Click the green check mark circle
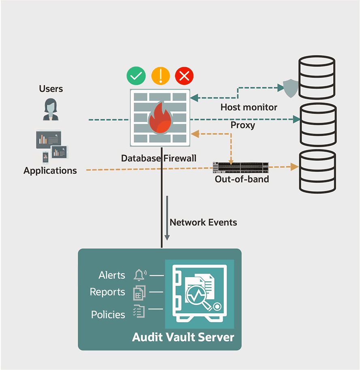click(x=136, y=76)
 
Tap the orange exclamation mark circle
click(x=161, y=76)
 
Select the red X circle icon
click(x=184, y=76)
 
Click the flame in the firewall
click(x=159, y=120)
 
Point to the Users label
click(x=51, y=89)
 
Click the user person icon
click(x=51, y=109)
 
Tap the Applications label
click(x=50, y=171)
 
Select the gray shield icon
click(x=290, y=88)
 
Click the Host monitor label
click(x=249, y=107)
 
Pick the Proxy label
click(x=243, y=125)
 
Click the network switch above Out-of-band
click(x=241, y=167)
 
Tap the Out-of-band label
click(x=242, y=179)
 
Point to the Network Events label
click(x=203, y=222)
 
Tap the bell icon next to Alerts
click(x=139, y=275)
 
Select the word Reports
click(x=107, y=292)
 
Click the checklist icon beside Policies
click(x=139, y=311)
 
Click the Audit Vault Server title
click(x=183, y=337)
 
